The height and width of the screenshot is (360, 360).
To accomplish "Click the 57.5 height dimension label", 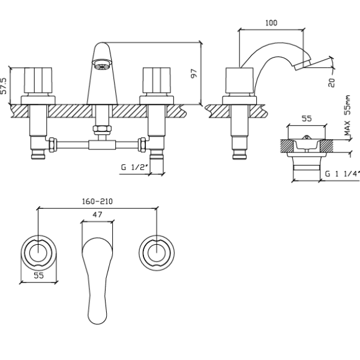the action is (x=4, y=86).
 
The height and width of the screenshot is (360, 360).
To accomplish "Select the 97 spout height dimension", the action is (x=194, y=73).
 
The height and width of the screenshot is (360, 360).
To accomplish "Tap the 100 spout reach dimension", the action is (x=271, y=23).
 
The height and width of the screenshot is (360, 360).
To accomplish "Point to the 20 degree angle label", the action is (x=331, y=82).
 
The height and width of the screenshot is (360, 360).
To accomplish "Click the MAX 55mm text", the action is (x=347, y=115).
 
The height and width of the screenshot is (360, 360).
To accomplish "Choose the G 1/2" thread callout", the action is (x=134, y=167).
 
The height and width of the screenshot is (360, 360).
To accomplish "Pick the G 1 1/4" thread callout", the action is (x=342, y=174).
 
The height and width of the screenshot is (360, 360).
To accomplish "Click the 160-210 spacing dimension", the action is (x=97, y=202).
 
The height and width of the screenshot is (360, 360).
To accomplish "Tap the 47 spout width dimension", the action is (x=97, y=214).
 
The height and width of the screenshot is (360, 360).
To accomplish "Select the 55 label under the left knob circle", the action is (x=38, y=275).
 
